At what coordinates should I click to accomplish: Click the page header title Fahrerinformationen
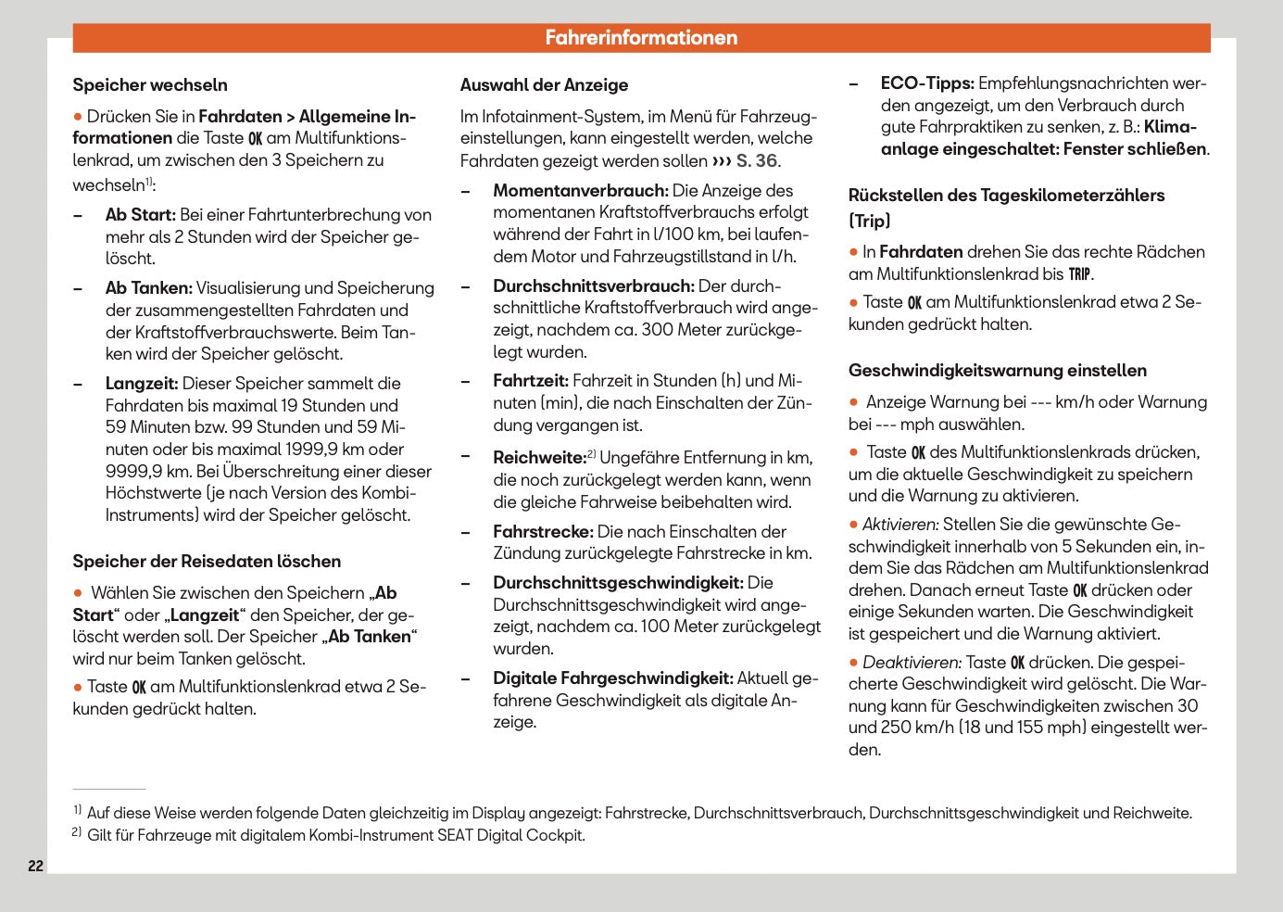pos(641,38)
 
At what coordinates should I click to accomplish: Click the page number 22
pos(36,866)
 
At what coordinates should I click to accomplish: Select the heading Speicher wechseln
pos(150,85)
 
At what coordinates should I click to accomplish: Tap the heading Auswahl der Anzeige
pos(544,85)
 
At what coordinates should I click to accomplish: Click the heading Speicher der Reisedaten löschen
pos(207,562)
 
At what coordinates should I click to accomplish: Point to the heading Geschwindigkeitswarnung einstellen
pos(997,371)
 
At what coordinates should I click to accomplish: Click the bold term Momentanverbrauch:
pos(580,191)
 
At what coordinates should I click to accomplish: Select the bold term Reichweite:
pos(539,458)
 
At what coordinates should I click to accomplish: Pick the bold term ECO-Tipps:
pos(927,83)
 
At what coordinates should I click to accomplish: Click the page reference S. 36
pos(757,161)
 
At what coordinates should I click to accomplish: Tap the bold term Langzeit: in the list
pos(142,384)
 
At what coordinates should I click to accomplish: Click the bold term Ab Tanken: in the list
pos(148,288)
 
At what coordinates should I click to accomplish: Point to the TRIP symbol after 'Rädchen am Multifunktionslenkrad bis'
pos(1079,274)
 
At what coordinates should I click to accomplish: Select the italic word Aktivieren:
pos(900,525)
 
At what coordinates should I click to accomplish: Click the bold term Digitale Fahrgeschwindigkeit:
pos(613,678)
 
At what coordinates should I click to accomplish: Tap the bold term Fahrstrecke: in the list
pos(543,532)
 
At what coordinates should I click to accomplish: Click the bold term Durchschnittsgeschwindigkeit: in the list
pos(618,583)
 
